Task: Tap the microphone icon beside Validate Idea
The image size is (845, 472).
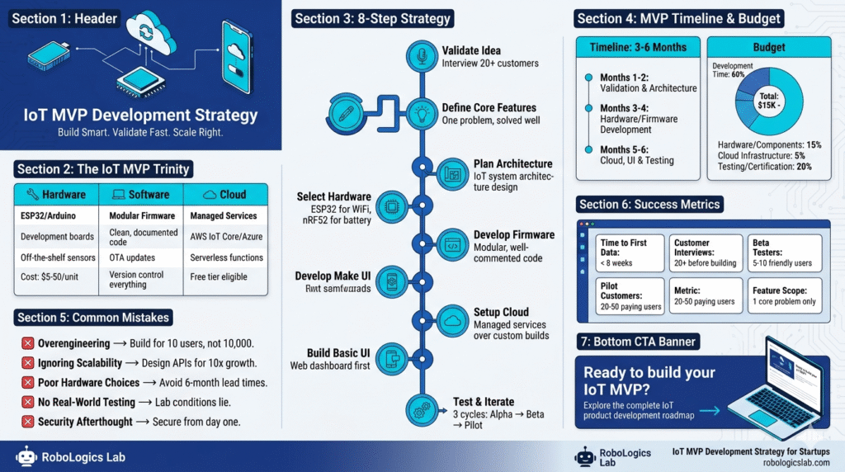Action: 422,56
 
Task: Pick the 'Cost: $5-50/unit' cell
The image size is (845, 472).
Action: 53,277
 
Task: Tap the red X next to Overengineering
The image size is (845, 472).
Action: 26,343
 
